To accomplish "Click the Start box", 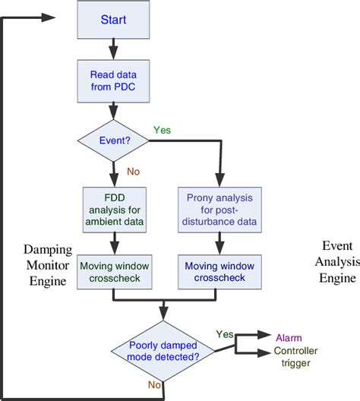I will (114, 20).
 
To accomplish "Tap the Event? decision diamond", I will (114, 141).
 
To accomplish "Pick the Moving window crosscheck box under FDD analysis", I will (114, 270).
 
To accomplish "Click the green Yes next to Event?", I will (163, 129).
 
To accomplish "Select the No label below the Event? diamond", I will (133, 172).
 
